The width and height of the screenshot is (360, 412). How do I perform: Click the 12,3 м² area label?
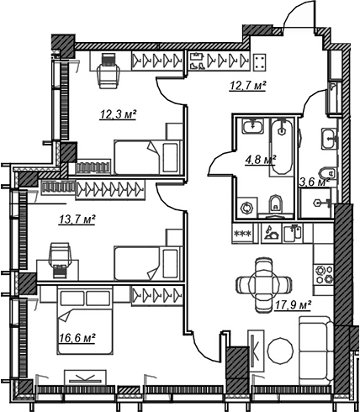[x=118, y=114]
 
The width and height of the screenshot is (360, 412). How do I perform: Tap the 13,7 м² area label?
[x=77, y=219]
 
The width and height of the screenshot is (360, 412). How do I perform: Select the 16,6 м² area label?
[x=77, y=338]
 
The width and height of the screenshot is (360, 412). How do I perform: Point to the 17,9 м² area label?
[x=294, y=306]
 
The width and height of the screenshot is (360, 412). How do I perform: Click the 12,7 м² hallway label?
[x=247, y=86]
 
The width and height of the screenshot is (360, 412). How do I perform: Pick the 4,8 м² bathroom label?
[x=261, y=161]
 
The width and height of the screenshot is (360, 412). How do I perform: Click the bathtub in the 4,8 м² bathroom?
[x=282, y=147]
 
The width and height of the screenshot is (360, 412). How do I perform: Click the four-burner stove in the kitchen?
[x=324, y=274]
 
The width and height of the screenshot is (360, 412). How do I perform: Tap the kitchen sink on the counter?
[x=292, y=234]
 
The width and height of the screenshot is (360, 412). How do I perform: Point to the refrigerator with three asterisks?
[x=242, y=234]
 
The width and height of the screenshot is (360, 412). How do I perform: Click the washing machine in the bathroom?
[x=246, y=208]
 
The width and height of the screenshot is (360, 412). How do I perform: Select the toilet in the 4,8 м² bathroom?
[x=276, y=206]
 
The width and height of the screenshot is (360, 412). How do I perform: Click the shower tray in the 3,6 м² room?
[x=315, y=203]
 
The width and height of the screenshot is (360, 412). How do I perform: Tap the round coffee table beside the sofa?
[x=281, y=351]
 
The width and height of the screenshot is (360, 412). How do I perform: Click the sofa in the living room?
[x=315, y=351]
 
